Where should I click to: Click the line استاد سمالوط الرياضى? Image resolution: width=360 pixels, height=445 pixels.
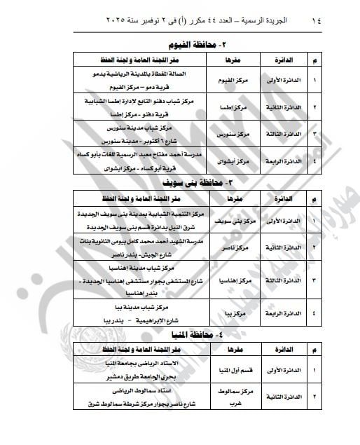click(134, 395)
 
